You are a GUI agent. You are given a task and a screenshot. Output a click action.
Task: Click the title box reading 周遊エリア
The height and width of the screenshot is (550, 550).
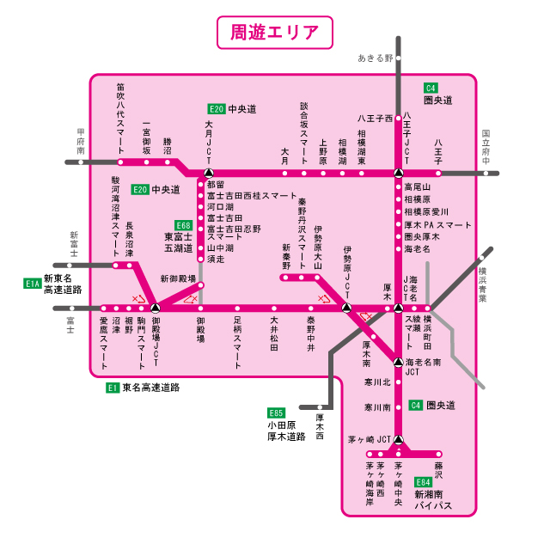[275, 34]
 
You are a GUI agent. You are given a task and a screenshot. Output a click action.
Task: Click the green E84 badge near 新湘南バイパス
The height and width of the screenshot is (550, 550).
[422, 483]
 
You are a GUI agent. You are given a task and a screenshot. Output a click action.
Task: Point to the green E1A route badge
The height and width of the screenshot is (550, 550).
[33, 282]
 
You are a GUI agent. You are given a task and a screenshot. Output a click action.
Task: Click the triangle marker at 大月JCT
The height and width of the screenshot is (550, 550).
[208, 173]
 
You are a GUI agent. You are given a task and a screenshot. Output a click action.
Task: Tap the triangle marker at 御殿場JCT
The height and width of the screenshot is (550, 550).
[155, 308]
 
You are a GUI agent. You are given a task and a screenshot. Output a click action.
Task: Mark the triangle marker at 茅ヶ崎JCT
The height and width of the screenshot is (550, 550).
[399, 442]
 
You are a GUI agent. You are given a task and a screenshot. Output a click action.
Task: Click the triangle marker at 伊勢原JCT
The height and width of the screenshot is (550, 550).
[345, 308]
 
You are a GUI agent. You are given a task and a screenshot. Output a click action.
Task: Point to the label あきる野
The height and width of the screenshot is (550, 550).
[375, 58]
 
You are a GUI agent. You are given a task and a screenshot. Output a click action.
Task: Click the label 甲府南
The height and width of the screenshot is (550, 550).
[81, 143]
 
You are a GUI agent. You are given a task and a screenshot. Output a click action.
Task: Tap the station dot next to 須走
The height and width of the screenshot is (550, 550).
[199, 259]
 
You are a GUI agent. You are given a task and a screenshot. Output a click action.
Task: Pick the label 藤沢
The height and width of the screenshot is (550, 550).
[438, 469]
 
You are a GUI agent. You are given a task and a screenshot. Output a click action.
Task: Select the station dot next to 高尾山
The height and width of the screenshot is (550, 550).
[399, 186]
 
